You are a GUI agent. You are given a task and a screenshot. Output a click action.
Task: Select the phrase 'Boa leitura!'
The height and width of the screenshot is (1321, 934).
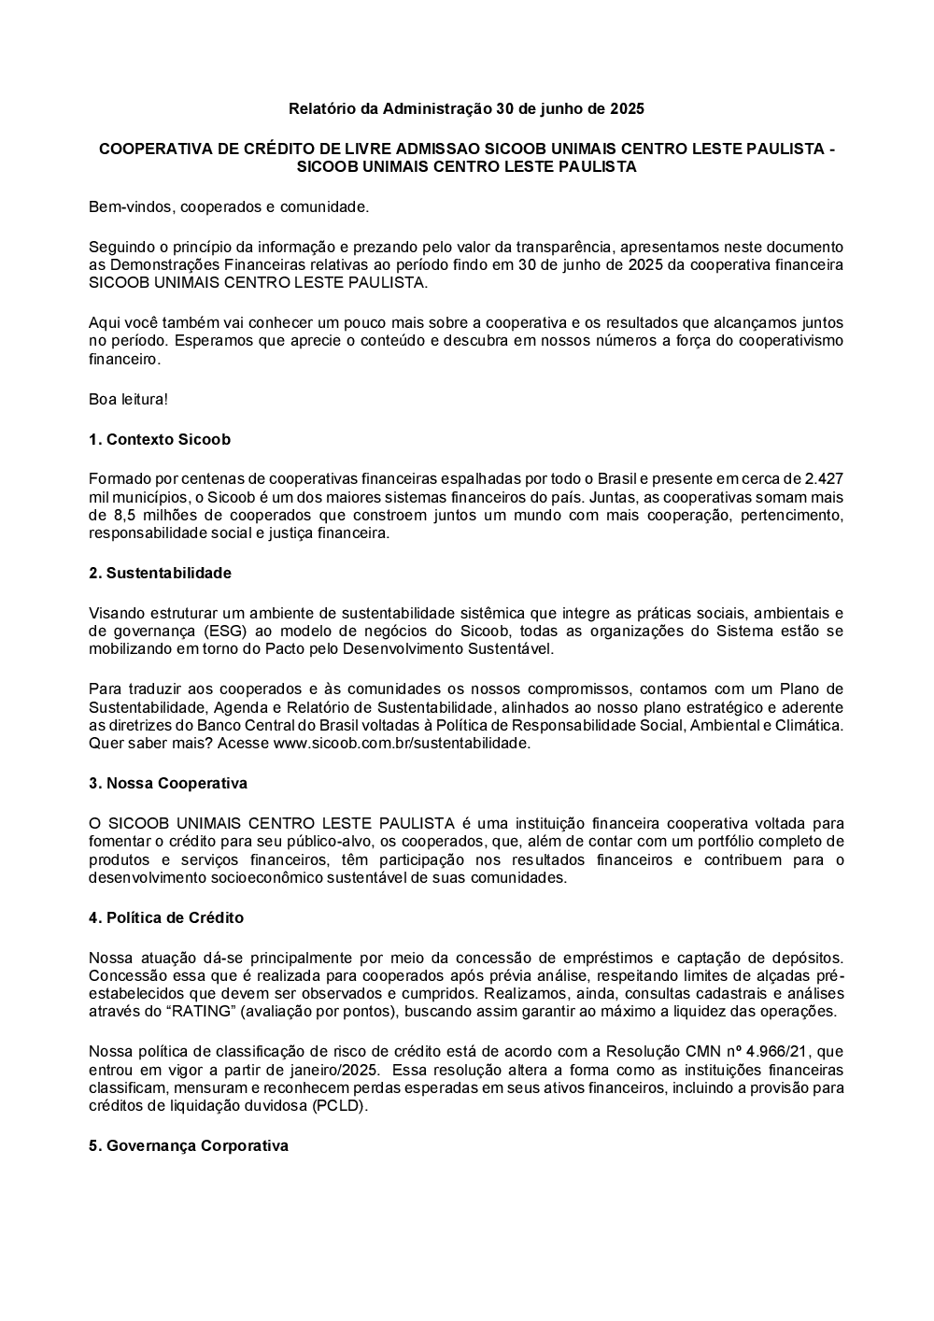(x=129, y=399)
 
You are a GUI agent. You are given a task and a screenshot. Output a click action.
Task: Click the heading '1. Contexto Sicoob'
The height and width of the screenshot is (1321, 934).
(x=160, y=439)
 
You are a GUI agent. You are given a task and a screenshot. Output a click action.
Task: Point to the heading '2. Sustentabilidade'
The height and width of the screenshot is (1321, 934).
(x=160, y=573)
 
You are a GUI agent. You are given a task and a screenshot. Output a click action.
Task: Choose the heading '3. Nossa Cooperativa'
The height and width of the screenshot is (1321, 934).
(x=168, y=783)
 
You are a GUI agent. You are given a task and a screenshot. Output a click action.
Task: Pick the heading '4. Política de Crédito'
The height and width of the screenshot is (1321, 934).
(x=166, y=917)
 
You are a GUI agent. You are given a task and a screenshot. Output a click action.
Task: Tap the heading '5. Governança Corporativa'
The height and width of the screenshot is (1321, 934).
(x=189, y=1145)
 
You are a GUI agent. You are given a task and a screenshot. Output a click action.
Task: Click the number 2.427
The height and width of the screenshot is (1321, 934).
(x=823, y=478)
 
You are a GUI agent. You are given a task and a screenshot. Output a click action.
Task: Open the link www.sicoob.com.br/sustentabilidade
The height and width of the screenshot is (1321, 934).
(x=402, y=744)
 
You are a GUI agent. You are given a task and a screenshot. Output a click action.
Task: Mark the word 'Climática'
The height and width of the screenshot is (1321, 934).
(x=811, y=725)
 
